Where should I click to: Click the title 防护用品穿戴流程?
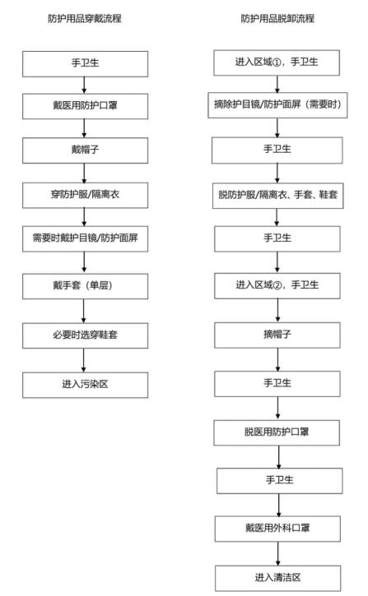[85, 18]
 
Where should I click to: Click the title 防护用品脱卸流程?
[277, 18]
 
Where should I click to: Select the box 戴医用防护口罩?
[85, 106]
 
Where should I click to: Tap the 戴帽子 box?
[85, 152]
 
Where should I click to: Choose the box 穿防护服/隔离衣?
[85, 198]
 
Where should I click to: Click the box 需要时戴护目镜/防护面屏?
[85, 244]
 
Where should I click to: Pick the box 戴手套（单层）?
[85, 290]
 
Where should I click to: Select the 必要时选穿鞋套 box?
[85, 336]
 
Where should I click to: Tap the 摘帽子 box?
[277, 335]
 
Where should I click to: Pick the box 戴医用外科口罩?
[277, 525]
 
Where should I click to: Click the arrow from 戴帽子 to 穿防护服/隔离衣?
[85, 175]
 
